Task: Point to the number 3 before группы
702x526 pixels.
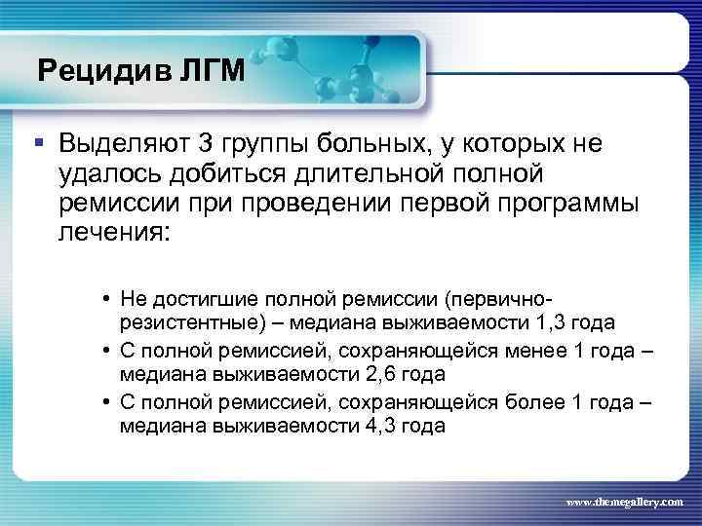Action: pyautogui.click(x=205, y=145)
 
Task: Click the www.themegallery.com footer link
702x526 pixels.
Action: pyautogui.click(x=625, y=500)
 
